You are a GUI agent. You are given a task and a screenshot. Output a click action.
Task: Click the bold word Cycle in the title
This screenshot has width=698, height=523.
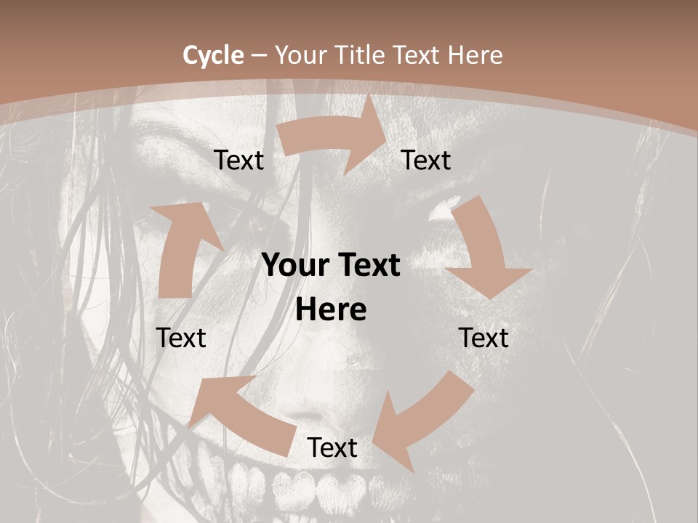[x=213, y=55]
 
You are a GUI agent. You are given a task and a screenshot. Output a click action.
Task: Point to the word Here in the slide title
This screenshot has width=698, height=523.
[x=475, y=55]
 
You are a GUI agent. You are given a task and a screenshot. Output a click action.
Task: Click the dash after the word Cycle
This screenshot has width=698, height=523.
[x=258, y=56]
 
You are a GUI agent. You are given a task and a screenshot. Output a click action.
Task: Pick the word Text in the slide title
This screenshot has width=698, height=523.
[x=419, y=55]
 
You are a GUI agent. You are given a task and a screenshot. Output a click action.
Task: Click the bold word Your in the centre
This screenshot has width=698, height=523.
[x=294, y=266]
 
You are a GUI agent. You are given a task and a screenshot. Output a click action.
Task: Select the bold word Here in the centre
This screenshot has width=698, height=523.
[x=331, y=310]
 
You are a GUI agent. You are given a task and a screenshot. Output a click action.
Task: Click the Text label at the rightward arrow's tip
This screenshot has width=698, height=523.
[x=426, y=161]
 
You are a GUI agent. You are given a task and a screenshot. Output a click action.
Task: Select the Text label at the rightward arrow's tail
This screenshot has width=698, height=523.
[x=238, y=161]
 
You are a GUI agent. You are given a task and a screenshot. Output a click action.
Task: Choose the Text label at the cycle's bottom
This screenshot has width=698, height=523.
[x=332, y=448]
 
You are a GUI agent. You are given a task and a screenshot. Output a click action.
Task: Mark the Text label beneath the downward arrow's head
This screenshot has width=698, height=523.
[x=484, y=338]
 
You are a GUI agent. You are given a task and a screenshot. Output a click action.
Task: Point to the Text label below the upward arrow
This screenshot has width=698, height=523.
[x=181, y=338]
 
